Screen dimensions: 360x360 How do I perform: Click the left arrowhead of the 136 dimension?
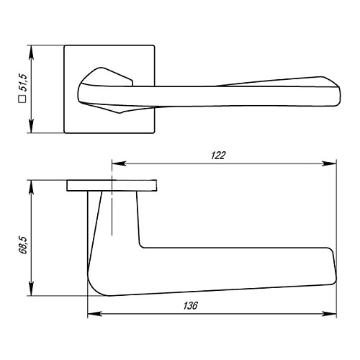click(x=91, y=314)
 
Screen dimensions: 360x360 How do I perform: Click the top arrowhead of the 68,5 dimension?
click(x=30, y=185)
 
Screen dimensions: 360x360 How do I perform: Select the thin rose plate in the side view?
click(x=112, y=186)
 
